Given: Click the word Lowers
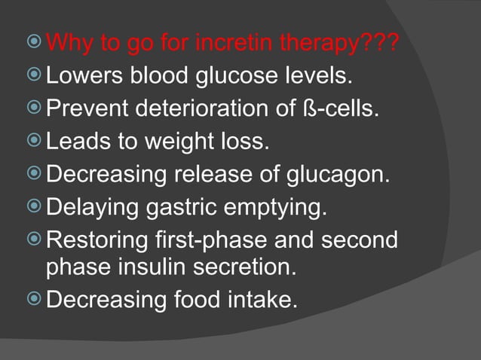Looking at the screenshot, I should [81, 77].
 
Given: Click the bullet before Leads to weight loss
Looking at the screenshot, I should [35, 141].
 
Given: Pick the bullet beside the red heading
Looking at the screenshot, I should [35, 44].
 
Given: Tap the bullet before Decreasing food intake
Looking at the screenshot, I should [35, 300].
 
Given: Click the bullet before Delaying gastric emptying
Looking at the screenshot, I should [35, 205].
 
